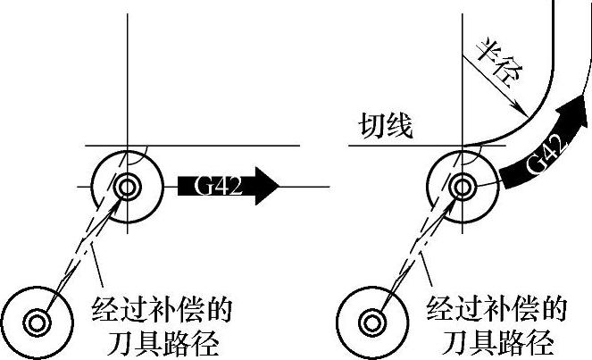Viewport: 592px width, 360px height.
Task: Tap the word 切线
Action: [x=386, y=126]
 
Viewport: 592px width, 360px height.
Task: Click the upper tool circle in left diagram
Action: [x=127, y=187]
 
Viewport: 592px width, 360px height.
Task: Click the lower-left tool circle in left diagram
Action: [x=38, y=319]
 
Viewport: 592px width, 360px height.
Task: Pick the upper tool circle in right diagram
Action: [x=463, y=187]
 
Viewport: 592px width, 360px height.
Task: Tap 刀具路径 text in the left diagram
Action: [x=163, y=342]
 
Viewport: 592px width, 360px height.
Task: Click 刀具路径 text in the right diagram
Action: [x=498, y=342]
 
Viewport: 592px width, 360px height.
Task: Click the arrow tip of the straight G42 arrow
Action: [x=279, y=186]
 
